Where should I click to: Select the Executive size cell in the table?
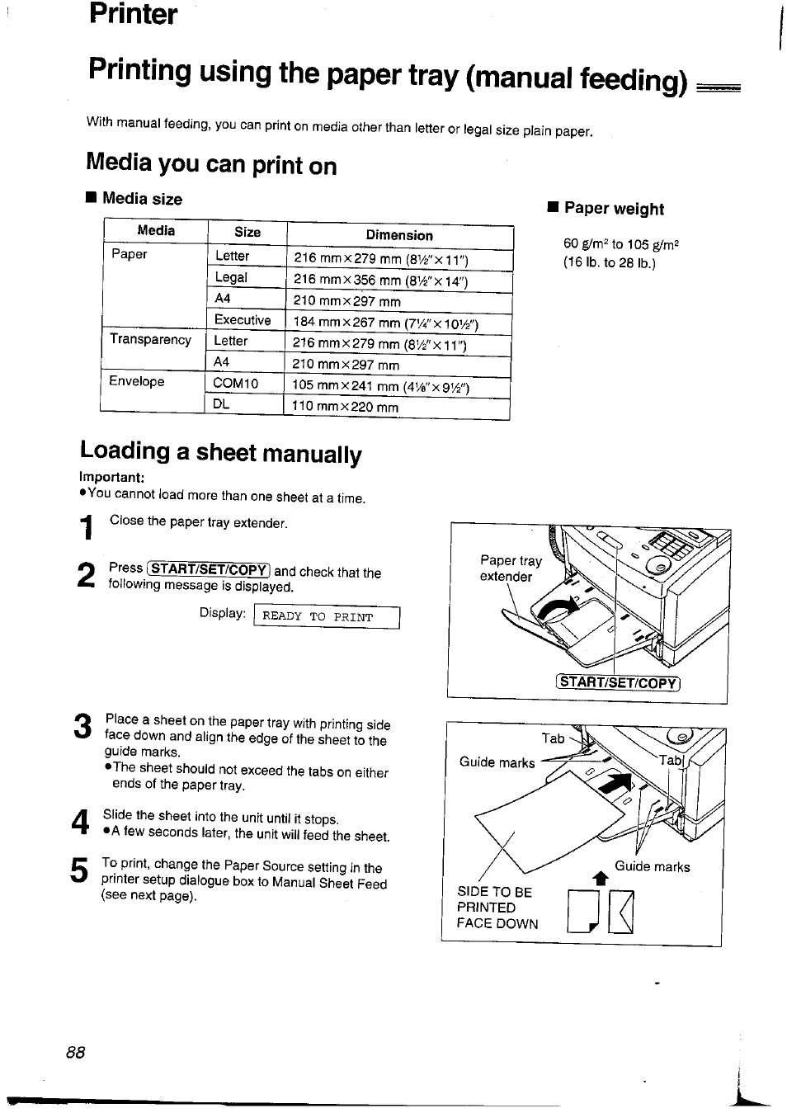[242, 320]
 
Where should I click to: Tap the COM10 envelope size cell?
[235, 384]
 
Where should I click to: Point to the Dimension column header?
[399, 235]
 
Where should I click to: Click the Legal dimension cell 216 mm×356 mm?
[380, 281]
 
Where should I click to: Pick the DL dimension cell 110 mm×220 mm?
[345, 407]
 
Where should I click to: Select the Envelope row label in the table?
[137, 382]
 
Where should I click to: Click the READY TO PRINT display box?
[327, 617]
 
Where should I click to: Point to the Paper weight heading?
[613, 209]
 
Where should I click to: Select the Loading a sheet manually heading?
[221, 452]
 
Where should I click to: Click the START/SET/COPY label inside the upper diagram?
[618, 682]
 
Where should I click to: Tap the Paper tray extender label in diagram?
[511, 568]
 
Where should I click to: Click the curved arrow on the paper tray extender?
[558, 611]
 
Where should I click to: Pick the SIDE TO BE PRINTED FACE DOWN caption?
[497, 908]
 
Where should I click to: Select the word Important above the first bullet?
[112, 478]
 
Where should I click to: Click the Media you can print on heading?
[211, 164]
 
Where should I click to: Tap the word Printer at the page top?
[133, 14]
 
